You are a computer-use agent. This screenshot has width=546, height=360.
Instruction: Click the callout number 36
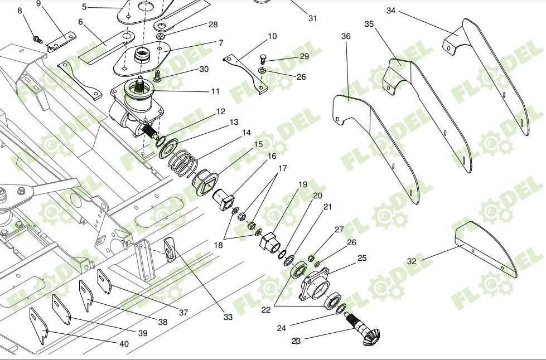point(346,36)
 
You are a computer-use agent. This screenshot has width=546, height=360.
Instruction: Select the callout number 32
point(412,261)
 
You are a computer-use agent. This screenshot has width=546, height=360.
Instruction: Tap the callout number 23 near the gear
point(296,341)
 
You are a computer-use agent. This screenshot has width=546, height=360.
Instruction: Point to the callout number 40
point(124,344)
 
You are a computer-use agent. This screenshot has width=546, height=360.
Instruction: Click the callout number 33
point(228,317)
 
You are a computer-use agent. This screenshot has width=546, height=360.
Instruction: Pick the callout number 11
point(215,91)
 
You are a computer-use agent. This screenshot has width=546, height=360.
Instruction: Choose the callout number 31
point(313,18)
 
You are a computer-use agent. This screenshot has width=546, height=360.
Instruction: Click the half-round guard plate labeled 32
point(485,249)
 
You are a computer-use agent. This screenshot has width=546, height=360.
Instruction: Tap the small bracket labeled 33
point(171,249)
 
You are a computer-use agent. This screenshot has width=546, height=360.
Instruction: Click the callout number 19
point(303,184)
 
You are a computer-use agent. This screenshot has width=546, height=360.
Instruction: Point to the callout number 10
point(272,37)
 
